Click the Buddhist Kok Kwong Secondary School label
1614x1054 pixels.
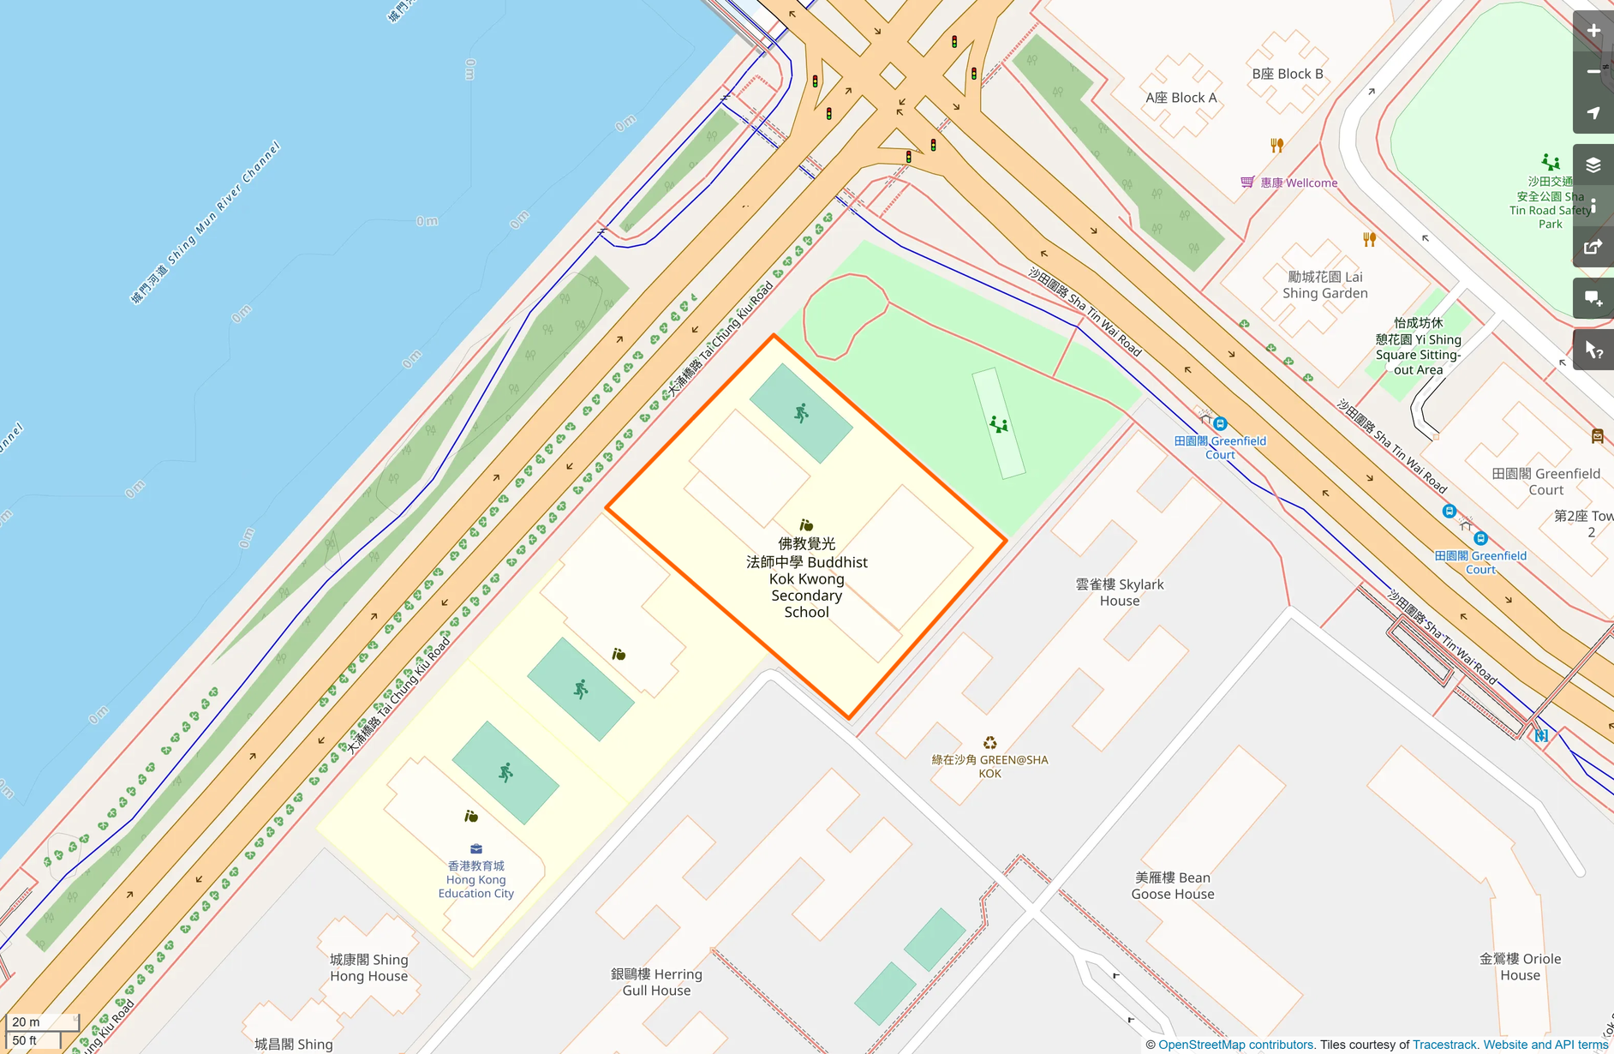click(806, 578)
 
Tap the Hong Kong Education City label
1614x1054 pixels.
click(475, 880)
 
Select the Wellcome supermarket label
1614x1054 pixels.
click(1299, 183)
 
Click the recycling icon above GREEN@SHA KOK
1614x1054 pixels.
click(989, 743)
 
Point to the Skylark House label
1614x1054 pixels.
click(1119, 592)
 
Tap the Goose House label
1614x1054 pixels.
click(1172, 886)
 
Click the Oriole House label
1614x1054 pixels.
click(1520, 967)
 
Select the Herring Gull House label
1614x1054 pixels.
click(656, 982)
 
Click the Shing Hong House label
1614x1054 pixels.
click(368, 967)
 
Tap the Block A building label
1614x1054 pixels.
click(1181, 98)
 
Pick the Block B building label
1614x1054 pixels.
click(1287, 74)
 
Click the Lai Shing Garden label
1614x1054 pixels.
click(1324, 284)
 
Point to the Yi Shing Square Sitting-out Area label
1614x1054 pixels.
click(1418, 347)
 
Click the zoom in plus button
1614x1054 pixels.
click(1593, 31)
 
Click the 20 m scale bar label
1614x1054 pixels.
click(27, 1021)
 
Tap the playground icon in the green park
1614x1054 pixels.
click(998, 424)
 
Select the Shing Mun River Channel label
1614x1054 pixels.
click(206, 223)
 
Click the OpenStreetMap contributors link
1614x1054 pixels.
click(1236, 1045)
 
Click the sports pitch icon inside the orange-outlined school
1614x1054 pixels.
click(801, 414)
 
